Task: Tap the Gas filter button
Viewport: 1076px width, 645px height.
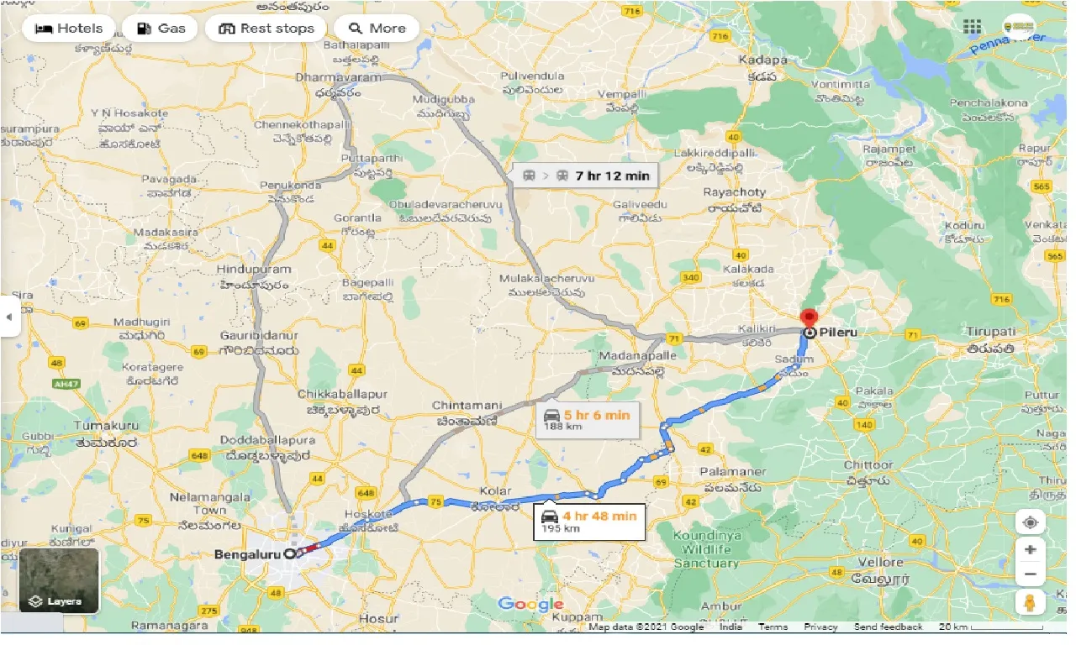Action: click(160, 29)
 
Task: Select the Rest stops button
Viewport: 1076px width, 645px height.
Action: click(266, 29)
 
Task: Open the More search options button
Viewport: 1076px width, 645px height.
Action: click(377, 29)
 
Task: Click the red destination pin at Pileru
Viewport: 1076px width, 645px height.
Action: click(809, 319)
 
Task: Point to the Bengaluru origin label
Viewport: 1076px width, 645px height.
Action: click(247, 554)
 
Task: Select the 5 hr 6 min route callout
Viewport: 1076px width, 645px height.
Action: click(587, 419)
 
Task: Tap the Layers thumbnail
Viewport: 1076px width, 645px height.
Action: click(59, 579)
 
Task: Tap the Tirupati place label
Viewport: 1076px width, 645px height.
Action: click(992, 332)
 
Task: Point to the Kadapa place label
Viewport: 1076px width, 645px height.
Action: click(763, 60)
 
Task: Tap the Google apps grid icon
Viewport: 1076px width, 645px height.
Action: click(972, 27)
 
